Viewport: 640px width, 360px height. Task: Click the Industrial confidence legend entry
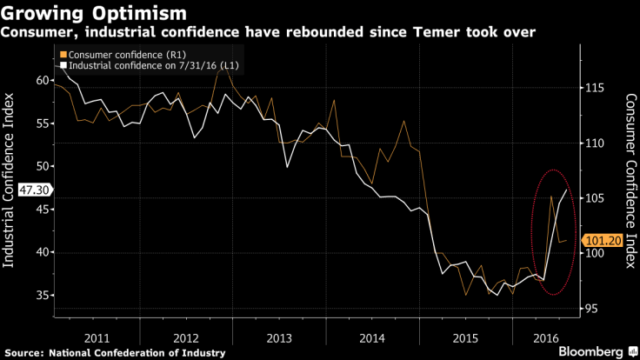(149, 65)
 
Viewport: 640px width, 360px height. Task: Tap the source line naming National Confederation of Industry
(114, 351)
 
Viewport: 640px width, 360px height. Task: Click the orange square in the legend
(63, 55)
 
